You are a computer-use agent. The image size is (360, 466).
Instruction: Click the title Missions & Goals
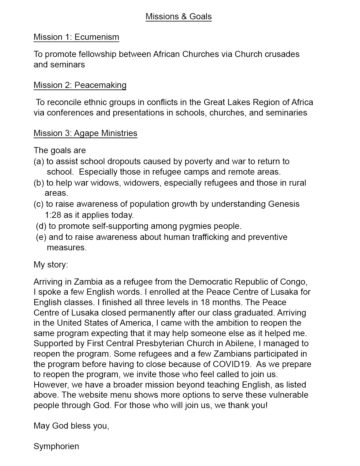pos(179,16)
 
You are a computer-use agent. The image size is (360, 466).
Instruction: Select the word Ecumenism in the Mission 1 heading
pos(97,37)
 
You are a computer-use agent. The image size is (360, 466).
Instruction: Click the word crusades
pos(282,54)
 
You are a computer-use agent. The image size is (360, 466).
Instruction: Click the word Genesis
pos(284,204)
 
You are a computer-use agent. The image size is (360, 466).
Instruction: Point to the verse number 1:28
pos(53,215)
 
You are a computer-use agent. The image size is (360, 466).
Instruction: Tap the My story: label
pos(51,265)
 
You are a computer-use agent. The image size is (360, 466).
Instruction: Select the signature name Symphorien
pos(56,446)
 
